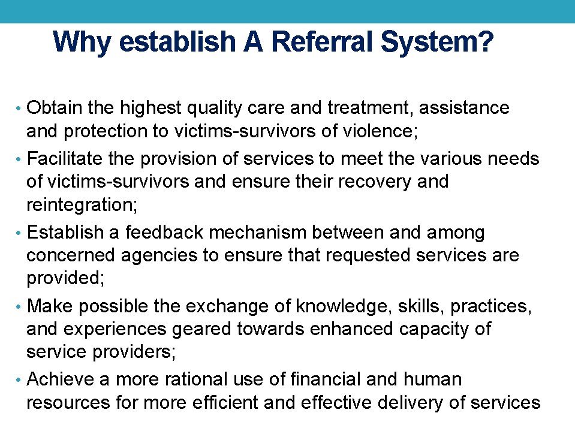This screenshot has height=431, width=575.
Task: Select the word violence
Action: tap(379, 131)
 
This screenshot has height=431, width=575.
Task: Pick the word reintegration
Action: tap(82, 205)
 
